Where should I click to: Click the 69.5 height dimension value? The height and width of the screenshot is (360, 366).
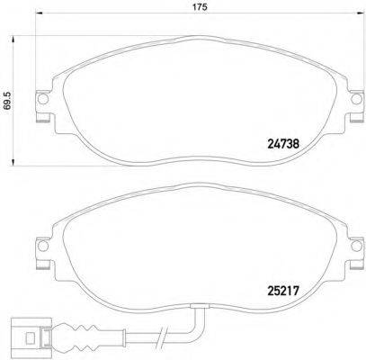[7, 101]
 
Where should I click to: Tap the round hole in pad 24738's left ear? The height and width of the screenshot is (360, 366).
[40, 101]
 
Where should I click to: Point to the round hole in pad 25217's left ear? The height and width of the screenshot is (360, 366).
[40, 246]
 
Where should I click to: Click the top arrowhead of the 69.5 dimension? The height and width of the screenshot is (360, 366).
[13, 39]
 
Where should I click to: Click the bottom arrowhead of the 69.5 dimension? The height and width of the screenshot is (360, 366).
[13, 162]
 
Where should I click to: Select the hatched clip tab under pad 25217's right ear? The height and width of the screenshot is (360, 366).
[343, 262]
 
